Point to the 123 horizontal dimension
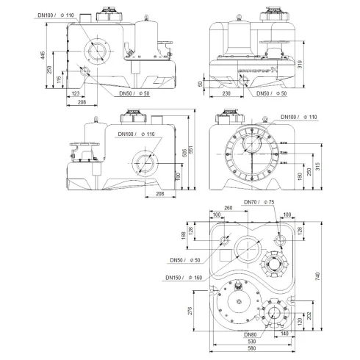76,94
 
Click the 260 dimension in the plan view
228,208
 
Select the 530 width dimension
252,342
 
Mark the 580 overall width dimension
252,350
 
